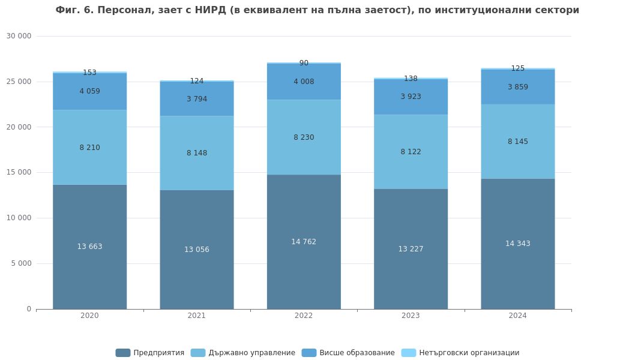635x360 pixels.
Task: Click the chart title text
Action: [x=317, y=10]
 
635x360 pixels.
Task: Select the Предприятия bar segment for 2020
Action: [x=89, y=270]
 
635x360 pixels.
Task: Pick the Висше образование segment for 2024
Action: [x=517, y=96]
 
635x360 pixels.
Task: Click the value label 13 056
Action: [x=197, y=250]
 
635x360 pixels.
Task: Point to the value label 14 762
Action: [x=304, y=242]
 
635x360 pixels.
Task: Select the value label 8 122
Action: [x=411, y=152]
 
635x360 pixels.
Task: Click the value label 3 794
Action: [x=197, y=99]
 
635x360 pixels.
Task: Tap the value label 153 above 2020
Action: [x=89, y=73]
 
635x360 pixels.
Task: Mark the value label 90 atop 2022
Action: [x=304, y=63]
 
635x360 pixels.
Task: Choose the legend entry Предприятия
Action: [x=151, y=353]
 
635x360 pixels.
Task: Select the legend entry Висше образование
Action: [x=349, y=353]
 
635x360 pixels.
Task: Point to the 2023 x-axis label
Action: [x=411, y=316]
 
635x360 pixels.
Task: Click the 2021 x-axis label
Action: [x=197, y=316]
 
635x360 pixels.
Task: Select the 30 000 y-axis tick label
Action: [x=19, y=36]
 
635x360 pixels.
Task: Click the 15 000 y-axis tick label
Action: [x=19, y=172]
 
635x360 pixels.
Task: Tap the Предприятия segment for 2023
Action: [x=411, y=276]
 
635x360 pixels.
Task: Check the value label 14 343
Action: [x=517, y=244]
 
